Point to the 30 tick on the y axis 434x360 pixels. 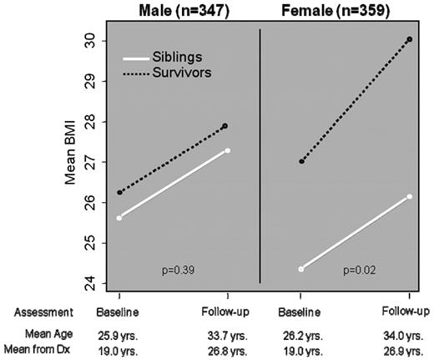[x=88, y=41]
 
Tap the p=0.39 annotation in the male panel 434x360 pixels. [x=179, y=270]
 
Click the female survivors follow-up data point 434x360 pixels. [x=410, y=39]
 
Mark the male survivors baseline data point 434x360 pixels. [x=120, y=192]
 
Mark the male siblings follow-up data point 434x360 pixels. [x=228, y=150]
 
